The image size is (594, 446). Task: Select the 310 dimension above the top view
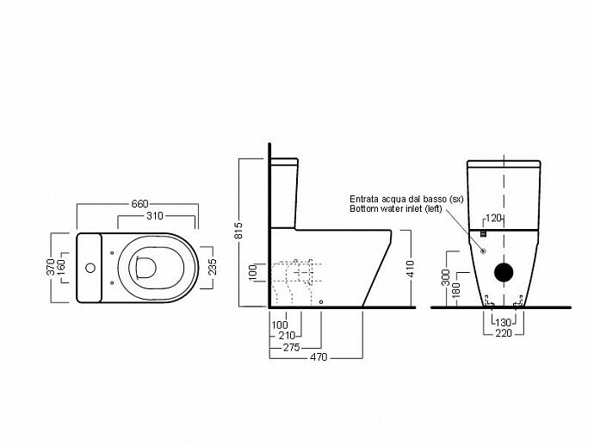(x=155, y=216)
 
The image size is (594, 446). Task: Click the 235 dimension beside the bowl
(x=212, y=267)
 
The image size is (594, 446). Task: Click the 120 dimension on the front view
(x=494, y=217)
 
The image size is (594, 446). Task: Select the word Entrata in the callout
(x=365, y=198)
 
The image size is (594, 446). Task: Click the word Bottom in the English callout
(x=363, y=208)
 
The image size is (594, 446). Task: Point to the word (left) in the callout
(x=452, y=208)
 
